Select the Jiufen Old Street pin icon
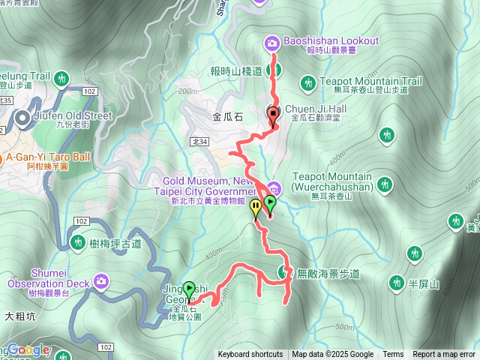tap(22, 116)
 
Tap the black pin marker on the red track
tap(273, 115)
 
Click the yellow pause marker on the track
tap(256, 207)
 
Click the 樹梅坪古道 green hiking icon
tap(78, 242)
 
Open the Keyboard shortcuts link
tap(250, 355)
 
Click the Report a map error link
tap(444, 355)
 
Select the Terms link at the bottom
tap(393, 355)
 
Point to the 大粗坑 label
tap(19, 315)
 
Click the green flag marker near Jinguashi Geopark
tap(189, 289)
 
